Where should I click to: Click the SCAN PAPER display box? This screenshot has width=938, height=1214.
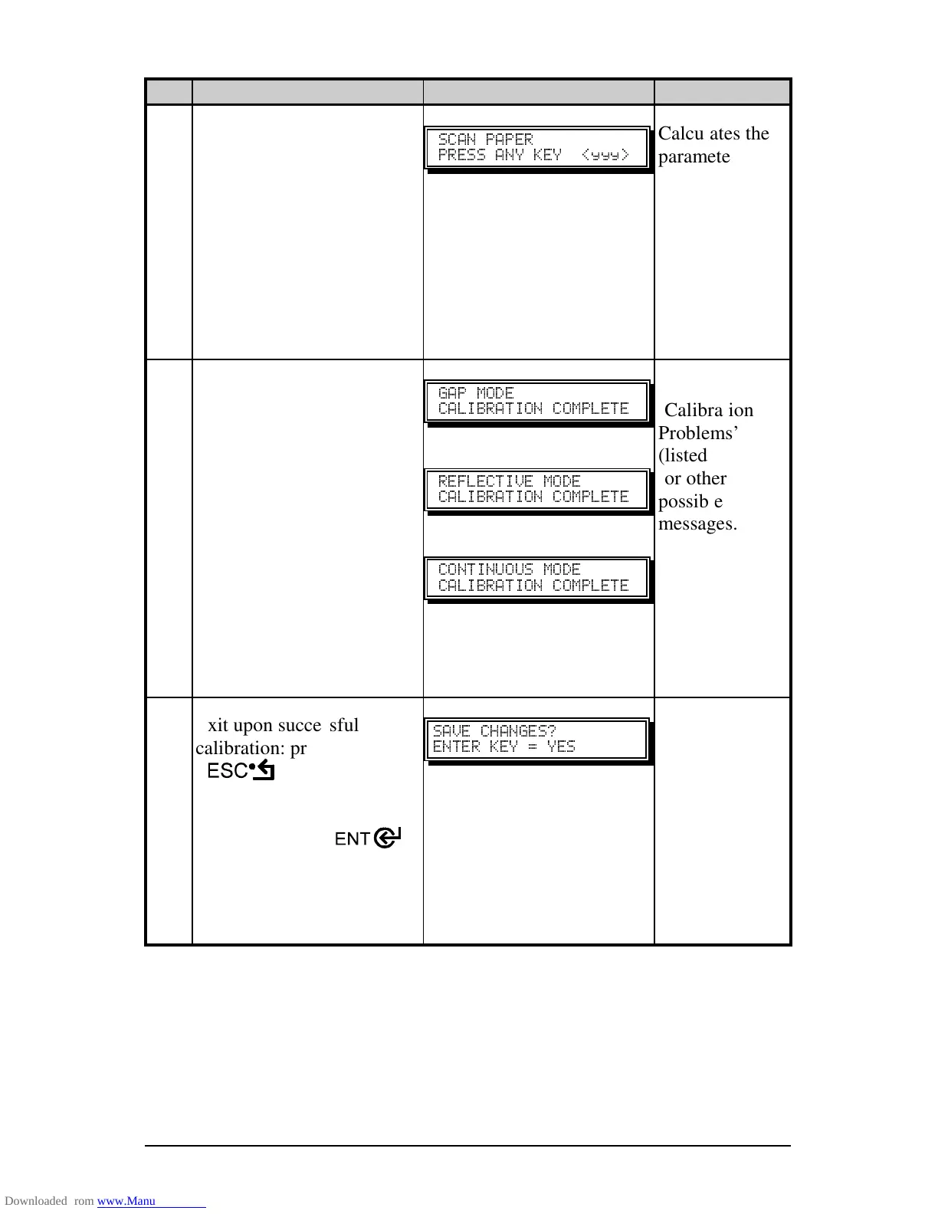pyautogui.click(x=536, y=147)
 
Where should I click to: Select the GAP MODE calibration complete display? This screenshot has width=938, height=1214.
pyautogui.click(x=536, y=401)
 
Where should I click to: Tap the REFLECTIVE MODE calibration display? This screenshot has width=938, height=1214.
pyautogui.click(x=536, y=489)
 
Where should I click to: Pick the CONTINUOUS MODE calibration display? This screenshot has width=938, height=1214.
pyautogui.click(x=536, y=577)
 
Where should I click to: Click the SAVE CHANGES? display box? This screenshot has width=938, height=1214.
pyautogui.click(x=536, y=739)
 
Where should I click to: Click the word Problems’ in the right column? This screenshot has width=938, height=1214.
pyautogui.click(x=697, y=433)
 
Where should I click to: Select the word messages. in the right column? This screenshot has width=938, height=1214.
pyautogui.click(x=697, y=524)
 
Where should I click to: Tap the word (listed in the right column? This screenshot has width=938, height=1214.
pyautogui.click(x=682, y=455)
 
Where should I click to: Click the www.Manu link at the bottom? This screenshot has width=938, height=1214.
pyautogui.click(x=126, y=1201)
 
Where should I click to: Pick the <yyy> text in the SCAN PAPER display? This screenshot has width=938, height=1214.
pyautogui.click(x=605, y=155)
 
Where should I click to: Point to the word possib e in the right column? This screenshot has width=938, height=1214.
pyautogui.click(x=690, y=501)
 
